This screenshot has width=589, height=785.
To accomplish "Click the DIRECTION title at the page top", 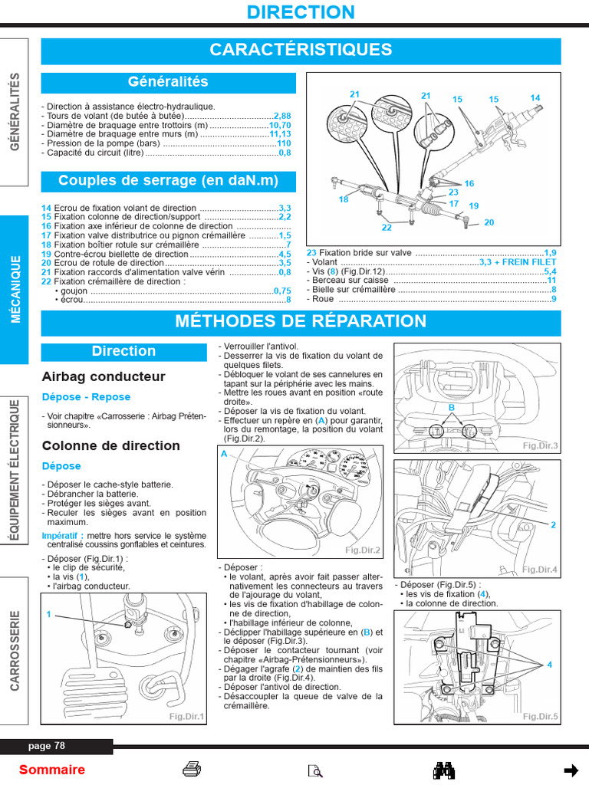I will [x=301, y=12].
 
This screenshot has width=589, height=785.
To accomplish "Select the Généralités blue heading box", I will [x=168, y=82].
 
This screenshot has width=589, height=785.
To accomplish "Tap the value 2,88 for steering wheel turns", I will [x=282, y=116].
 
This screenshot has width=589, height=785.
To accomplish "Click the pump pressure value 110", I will [x=284, y=143].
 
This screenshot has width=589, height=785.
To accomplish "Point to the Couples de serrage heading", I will [x=168, y=181].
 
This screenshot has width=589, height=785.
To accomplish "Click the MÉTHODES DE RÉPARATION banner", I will [x=301, y=321].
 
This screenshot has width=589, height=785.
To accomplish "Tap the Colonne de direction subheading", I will [x=111, y=446].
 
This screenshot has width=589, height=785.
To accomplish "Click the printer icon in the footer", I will [x=192, y=770].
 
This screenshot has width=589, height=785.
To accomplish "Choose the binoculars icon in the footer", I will [x=445, y=770].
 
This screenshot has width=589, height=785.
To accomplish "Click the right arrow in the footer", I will [x=571, y=770].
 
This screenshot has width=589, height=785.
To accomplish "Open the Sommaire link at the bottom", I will [x=52, y=770].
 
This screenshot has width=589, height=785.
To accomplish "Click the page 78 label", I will [x=47, y=746].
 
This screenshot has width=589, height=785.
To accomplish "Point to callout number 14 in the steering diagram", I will [x=535, y=98].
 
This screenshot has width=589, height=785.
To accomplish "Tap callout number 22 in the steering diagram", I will [x=387, y=228].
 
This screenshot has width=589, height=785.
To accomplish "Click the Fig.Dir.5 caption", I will [x=541, y=716].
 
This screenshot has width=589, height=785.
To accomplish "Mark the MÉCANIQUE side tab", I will [x=15, y=289].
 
